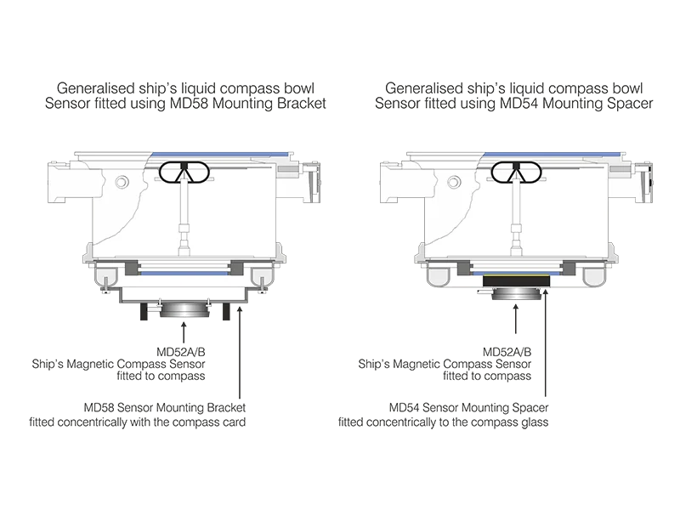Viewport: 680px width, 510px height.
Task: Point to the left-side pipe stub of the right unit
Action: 394,183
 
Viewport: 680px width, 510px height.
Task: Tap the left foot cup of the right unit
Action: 441,277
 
